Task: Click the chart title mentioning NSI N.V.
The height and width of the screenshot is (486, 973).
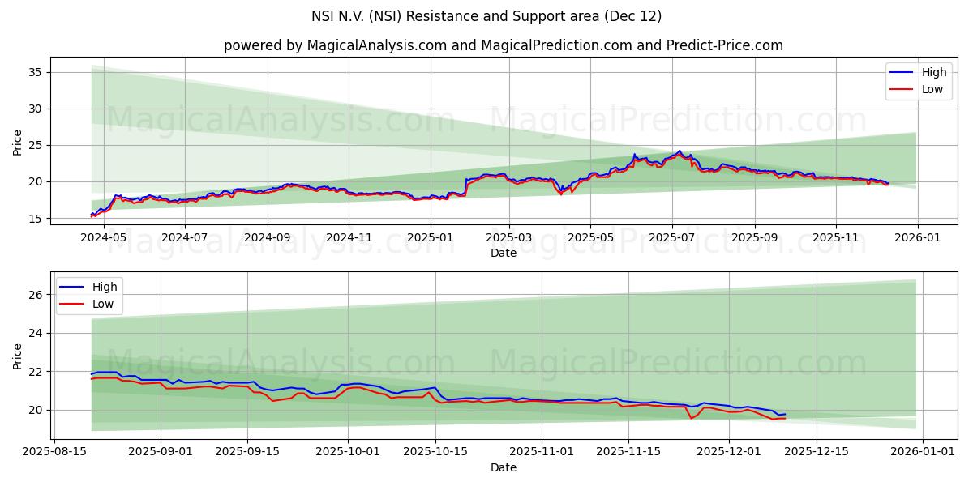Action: pyautogui.click(x=486, y=16)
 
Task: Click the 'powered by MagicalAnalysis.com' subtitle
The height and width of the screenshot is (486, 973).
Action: pyautogui.click(x=503, y=45)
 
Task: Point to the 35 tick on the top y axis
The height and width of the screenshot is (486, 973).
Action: pyautogui.click(x=36, y=72)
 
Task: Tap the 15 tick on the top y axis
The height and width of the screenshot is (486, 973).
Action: pyautogui.click(x=36, y=218)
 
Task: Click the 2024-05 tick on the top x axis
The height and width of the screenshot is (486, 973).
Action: pyautogui.click(x=102, y=239)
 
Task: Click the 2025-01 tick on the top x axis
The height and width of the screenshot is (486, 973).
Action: pyautogui.click(x=430, y=239)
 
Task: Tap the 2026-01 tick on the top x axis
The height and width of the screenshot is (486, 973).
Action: pyautogui.click(x=918, y=239)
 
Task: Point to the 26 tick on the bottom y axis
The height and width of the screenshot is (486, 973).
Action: pyautogui.click(x=36, y=295)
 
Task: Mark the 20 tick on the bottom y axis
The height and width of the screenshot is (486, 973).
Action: pyautogui.click(x=36, y=410)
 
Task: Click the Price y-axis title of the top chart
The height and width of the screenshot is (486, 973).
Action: pyautogui.click(x=18, y=143)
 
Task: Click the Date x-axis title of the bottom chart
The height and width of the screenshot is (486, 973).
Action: pyautogui.click(x=503, y=467)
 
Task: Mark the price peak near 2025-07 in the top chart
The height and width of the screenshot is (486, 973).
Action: pyautogui.click(x=679, y=151)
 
